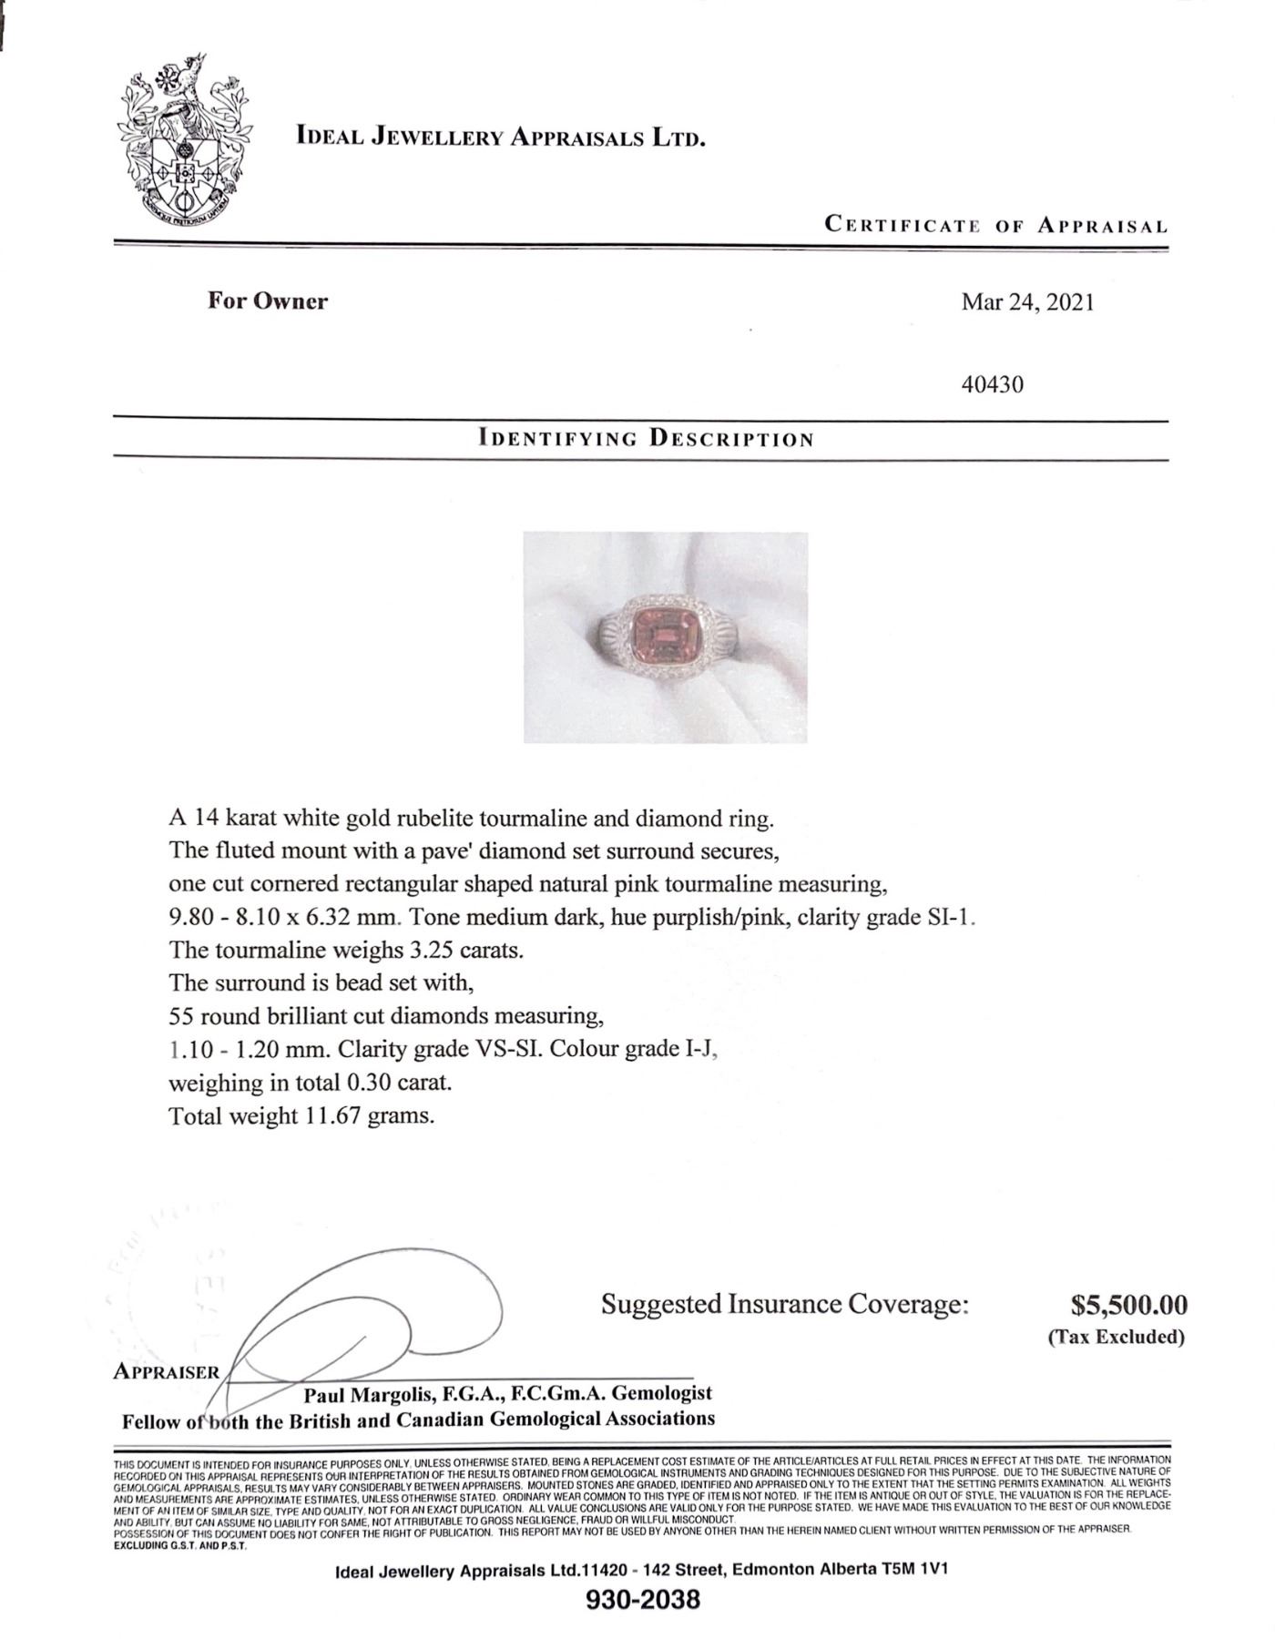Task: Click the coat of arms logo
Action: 185,145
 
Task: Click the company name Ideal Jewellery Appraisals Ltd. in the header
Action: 501,137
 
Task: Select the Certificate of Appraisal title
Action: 995,225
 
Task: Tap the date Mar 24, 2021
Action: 1027,302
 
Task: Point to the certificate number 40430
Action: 993,384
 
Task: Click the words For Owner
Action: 267,301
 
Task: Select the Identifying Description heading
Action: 646,438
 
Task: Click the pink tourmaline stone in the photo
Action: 666,635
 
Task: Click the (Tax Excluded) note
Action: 1116,1337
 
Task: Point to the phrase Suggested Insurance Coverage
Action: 784,1304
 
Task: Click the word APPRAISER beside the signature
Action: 166,1372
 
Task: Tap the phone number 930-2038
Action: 645,1599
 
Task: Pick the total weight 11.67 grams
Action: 367,1115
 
